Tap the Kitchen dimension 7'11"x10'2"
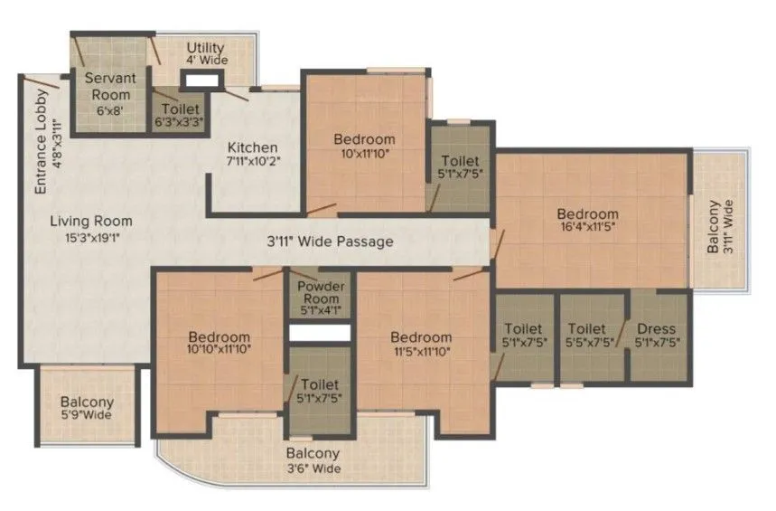(x=252, y=164)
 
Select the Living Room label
(x=90, y=221)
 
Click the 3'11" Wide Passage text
(x=330, y=242)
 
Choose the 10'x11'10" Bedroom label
(x=364, y=147)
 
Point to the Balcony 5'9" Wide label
(x=87, y=409)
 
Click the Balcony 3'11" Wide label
(x=720, y=226)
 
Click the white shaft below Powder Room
(x=319, y=332)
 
